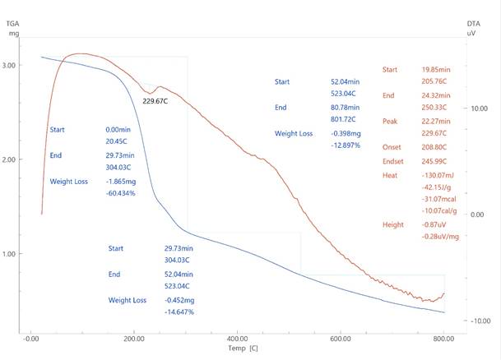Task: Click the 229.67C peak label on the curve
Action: tap(156, 101)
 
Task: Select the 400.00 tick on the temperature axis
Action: tap(237, 339)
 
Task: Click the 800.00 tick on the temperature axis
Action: tap(444, 339)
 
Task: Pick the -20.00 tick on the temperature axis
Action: tap(30, 339)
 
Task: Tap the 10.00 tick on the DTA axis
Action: tap(478, 108)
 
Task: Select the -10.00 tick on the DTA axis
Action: tap(478, 321)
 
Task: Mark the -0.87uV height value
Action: tap(434, 224)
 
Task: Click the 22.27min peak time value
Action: tap(436, 121)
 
